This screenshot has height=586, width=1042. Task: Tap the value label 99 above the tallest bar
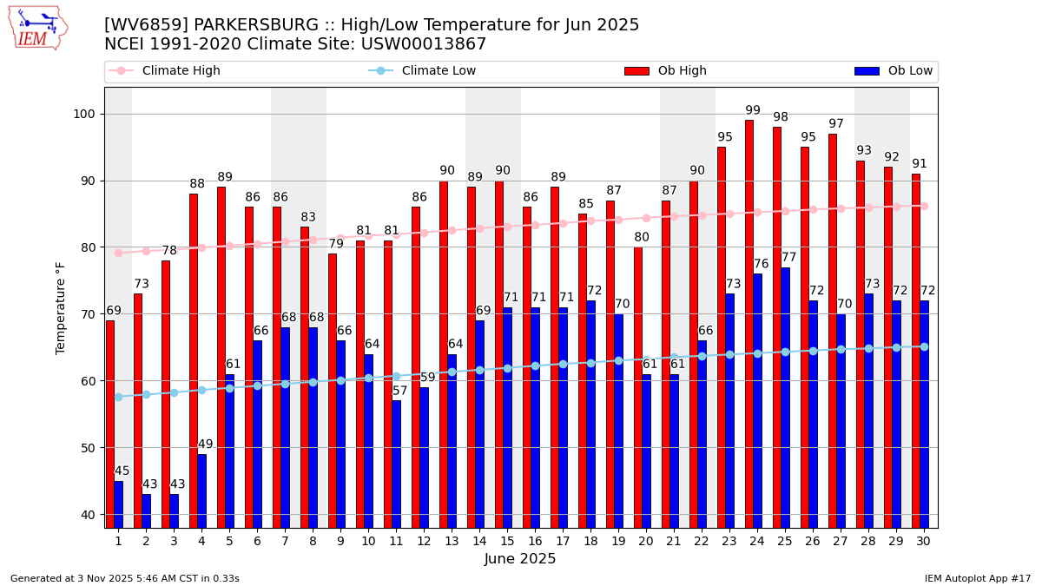753,111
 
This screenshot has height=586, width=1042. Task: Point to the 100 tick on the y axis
89,114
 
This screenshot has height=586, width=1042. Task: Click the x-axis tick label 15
507,541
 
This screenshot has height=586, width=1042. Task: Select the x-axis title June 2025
520,559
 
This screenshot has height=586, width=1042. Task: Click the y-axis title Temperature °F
61,307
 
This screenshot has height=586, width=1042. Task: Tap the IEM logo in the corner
37,28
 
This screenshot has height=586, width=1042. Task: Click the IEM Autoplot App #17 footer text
978,578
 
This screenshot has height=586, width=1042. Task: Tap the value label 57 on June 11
399,392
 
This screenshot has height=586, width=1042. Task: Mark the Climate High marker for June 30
924,206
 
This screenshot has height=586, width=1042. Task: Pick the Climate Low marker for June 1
118,397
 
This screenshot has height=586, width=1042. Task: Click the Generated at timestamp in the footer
125,578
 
